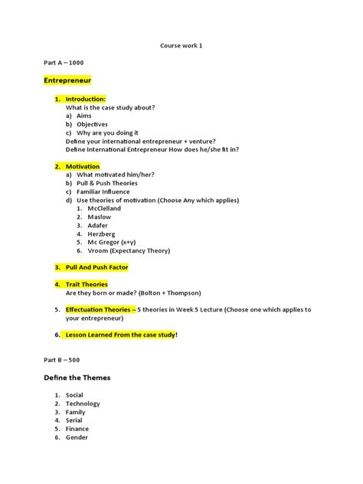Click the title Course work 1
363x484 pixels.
point(181,45)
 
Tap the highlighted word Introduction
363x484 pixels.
point(85,99)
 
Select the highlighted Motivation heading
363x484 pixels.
point(83,165)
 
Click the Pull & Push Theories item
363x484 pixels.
point(107,183)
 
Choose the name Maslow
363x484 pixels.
point(100,217)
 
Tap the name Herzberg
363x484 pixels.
point(103,234)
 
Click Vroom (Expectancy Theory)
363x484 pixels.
point(123,250)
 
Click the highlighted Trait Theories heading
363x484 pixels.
point(87,284)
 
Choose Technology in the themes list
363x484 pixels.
point(83,404)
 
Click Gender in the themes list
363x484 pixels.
point(77,437)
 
